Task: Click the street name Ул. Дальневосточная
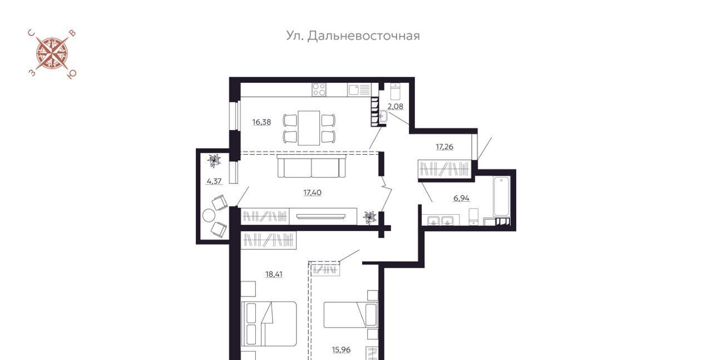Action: coord(353,36)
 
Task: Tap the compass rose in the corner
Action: coord(52,54)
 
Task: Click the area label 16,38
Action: coord(261,122)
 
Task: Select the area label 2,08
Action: coord(395,106)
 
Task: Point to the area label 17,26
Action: coord(444,147)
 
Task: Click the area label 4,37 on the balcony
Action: coord(214,181)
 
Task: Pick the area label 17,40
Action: coord(312,193)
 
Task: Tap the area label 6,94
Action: coord(461,199)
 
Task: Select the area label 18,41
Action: coord(274,274)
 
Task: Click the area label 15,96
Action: coord(341,350)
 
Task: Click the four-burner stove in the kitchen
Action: coord(319,90)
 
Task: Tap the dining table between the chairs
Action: coord(309,128)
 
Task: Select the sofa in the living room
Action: coord(311,166)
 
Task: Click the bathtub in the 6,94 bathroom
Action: coord(501,196)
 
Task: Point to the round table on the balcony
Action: coord(209,215)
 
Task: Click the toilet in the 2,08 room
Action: coord(395,91)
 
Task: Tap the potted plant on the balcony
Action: coord(214,161)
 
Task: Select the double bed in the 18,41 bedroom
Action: coord(269,324)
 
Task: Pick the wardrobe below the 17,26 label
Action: coord(444,169)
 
